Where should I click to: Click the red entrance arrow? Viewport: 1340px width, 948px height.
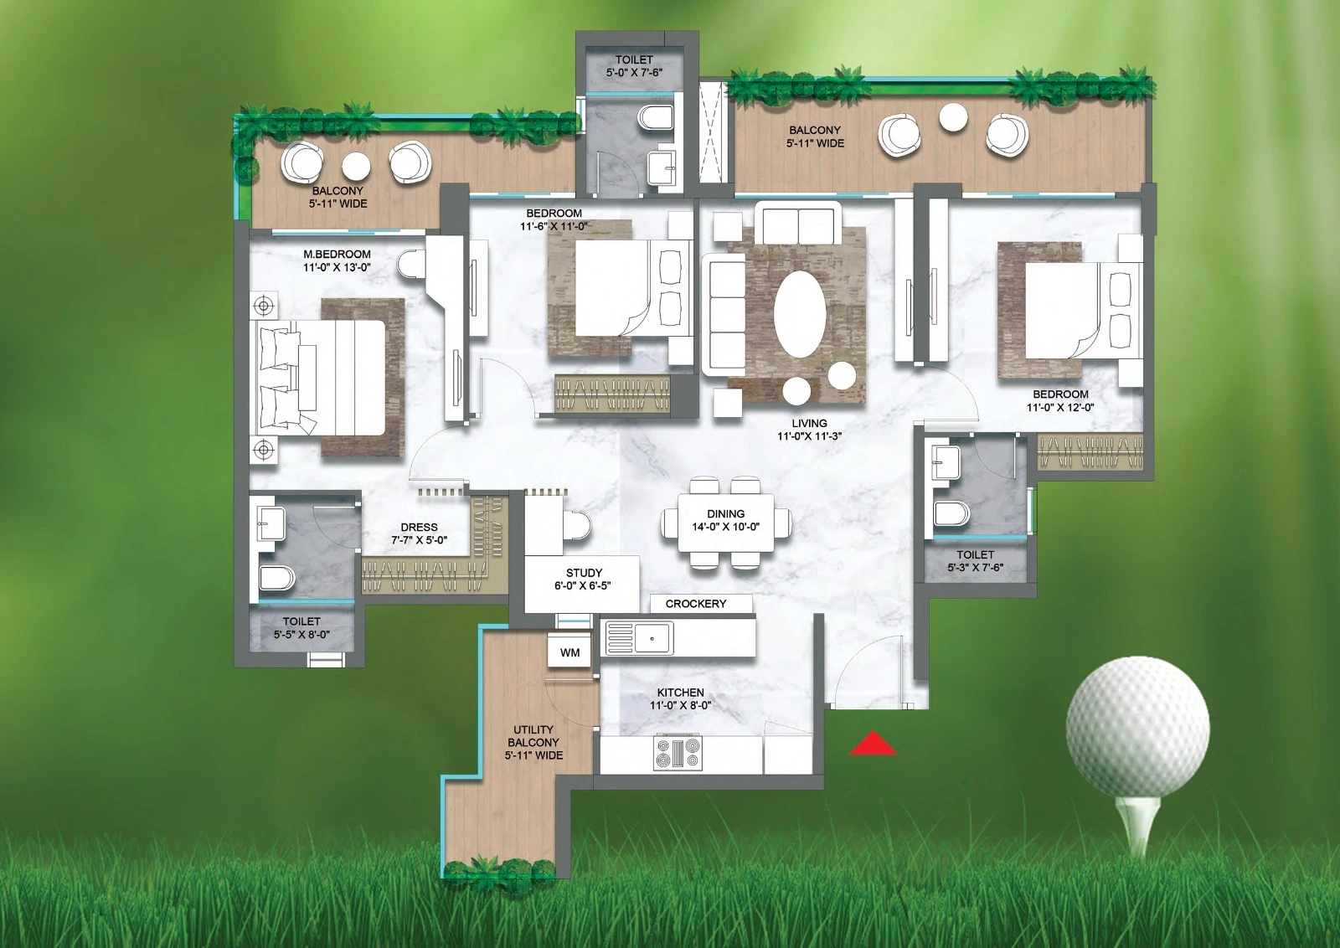pyautogui.click(x=874, y=743)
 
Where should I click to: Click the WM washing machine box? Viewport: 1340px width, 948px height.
pyautogui.click(x=569, y=652)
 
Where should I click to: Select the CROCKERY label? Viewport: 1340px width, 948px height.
pyautogui.click(x=696, y=604)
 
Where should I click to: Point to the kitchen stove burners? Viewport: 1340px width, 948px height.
pyautogui.click(x=678, y=753)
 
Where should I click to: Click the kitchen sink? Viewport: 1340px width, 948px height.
pyautogui.click(x=640, y=637)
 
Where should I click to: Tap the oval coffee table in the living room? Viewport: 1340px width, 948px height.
pyautogui.click(x=800, y=315)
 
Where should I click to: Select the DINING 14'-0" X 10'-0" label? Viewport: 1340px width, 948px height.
pyautogui.click(x=725, y=520)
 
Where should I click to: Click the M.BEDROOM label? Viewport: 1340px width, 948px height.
pyautogui.click(x=337, y=255)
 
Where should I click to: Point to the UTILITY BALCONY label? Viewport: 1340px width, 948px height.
pyautogui.click(x=533, y=742)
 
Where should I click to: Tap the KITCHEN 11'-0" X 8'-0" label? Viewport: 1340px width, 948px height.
pyautogui.click(x=680, y=698)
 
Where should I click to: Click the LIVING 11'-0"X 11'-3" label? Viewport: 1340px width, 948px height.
pyautogui.click(x=809, y=430)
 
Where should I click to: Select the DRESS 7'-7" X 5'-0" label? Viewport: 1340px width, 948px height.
pyautogui.click(x=419, y=533)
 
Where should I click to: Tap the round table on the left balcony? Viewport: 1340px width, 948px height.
pyautogui.click(x=355, y=167)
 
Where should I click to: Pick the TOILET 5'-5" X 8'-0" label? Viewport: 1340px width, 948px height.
pyautogui.click(x=301, y=627)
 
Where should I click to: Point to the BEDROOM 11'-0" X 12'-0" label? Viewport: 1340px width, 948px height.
pyautogui.click(x=1060, y=400)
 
